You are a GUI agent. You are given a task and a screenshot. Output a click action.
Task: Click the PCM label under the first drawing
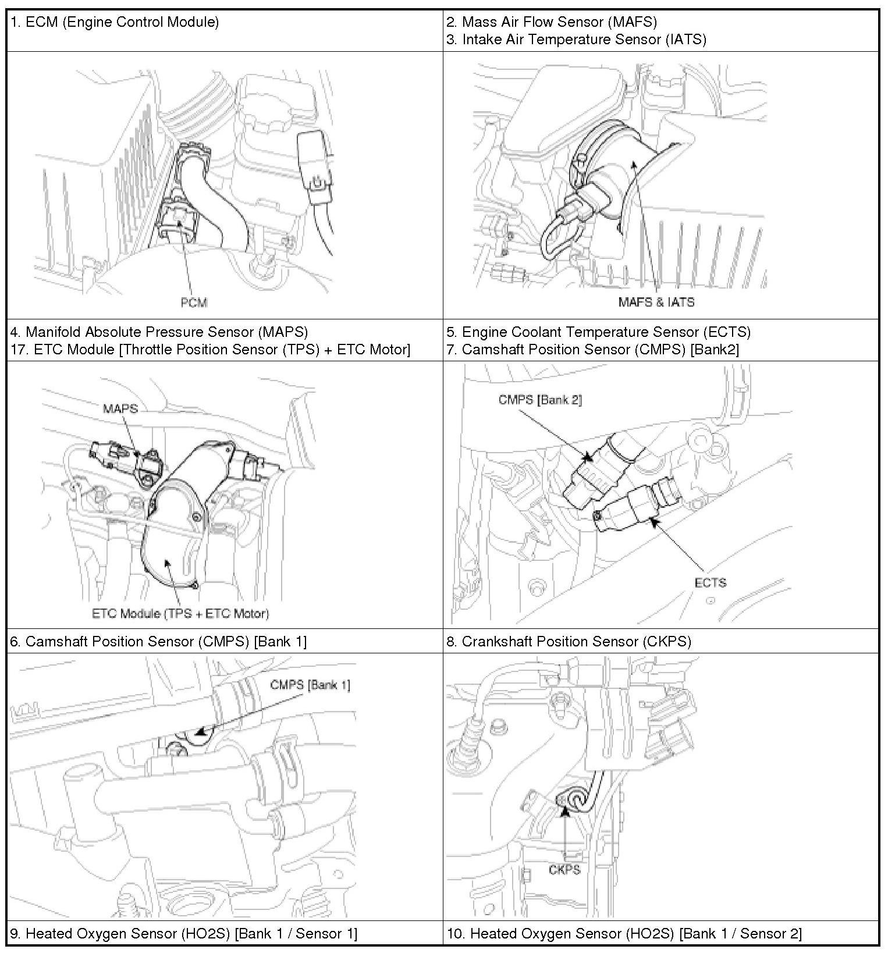tap(194, 302)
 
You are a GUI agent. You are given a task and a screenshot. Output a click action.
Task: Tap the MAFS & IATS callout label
tap(656, 302)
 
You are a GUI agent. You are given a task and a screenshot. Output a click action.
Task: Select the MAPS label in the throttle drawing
tap(120, 408)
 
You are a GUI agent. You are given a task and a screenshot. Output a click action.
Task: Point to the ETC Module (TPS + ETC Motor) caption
tap(180, 613)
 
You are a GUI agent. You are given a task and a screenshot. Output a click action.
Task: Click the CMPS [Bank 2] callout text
tap(540, 400)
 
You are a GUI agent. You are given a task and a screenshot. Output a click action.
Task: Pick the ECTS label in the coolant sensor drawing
tap(710, 582)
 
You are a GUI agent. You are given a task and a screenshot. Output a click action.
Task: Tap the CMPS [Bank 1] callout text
tap(310, 685)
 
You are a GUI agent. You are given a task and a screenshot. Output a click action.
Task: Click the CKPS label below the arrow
tap(564, 869)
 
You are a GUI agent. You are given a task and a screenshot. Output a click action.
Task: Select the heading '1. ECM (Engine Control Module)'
tap(115, 22)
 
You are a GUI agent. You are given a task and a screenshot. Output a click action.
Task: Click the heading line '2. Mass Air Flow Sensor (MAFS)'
tap(552, 22)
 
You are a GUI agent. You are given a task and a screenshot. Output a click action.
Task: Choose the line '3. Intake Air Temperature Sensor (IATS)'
tap(576, 39)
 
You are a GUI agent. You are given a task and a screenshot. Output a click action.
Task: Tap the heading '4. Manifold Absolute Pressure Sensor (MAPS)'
tap(159, 332)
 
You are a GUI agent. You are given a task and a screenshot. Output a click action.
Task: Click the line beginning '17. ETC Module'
tap(210, 349)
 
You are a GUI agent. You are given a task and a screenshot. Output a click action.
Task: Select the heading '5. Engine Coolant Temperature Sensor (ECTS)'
tap(598, 332)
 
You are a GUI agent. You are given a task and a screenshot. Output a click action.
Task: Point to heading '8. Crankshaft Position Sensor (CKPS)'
tap(569, 641)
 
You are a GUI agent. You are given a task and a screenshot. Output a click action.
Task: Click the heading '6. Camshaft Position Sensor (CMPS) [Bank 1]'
tap(158, 641)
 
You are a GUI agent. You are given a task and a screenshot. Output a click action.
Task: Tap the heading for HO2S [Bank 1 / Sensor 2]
tap(624, 933)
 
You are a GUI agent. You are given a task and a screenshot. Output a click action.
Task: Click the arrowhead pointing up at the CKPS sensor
tap(564, 809)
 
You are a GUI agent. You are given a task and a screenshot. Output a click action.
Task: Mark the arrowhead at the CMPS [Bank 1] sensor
tap(200, 732)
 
